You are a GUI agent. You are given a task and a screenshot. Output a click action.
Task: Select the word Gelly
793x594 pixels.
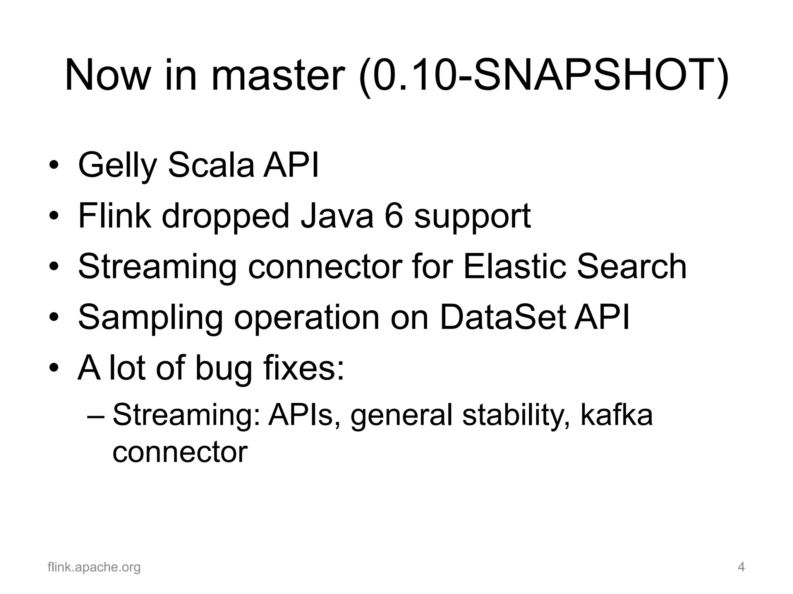click(116, 166)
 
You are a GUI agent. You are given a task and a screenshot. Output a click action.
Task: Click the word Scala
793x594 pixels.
click(211, 166)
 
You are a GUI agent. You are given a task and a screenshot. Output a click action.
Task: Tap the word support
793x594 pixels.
click(472, 217)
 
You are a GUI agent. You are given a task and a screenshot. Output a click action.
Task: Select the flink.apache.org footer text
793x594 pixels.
click(94, 567)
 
